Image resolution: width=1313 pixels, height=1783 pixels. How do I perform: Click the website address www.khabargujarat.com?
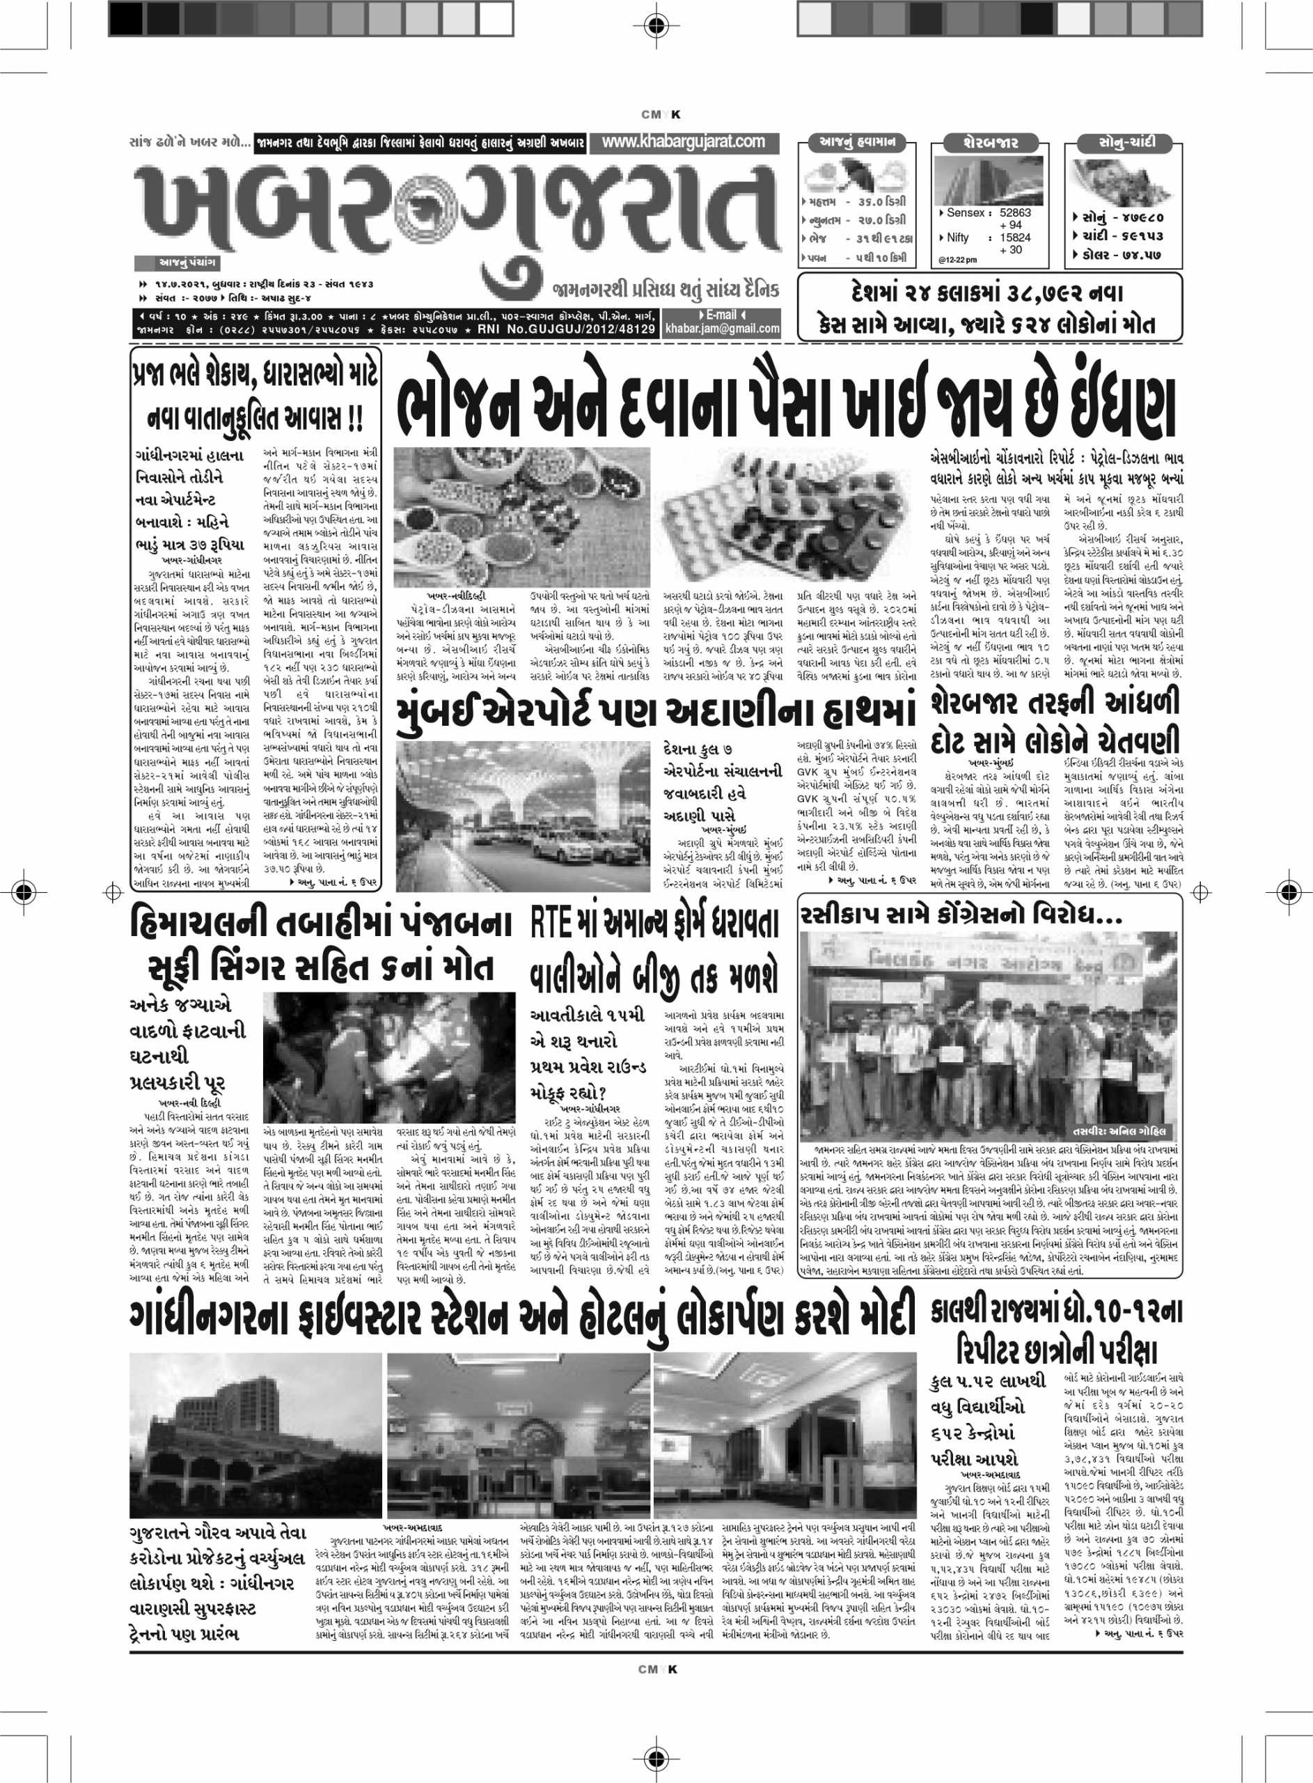point(684,142)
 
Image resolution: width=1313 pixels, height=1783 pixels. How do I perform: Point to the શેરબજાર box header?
point(990,143)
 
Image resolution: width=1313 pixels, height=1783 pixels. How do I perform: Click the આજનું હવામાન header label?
point(858,143)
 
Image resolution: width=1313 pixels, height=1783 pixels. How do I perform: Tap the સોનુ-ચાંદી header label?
point(1127,143)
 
